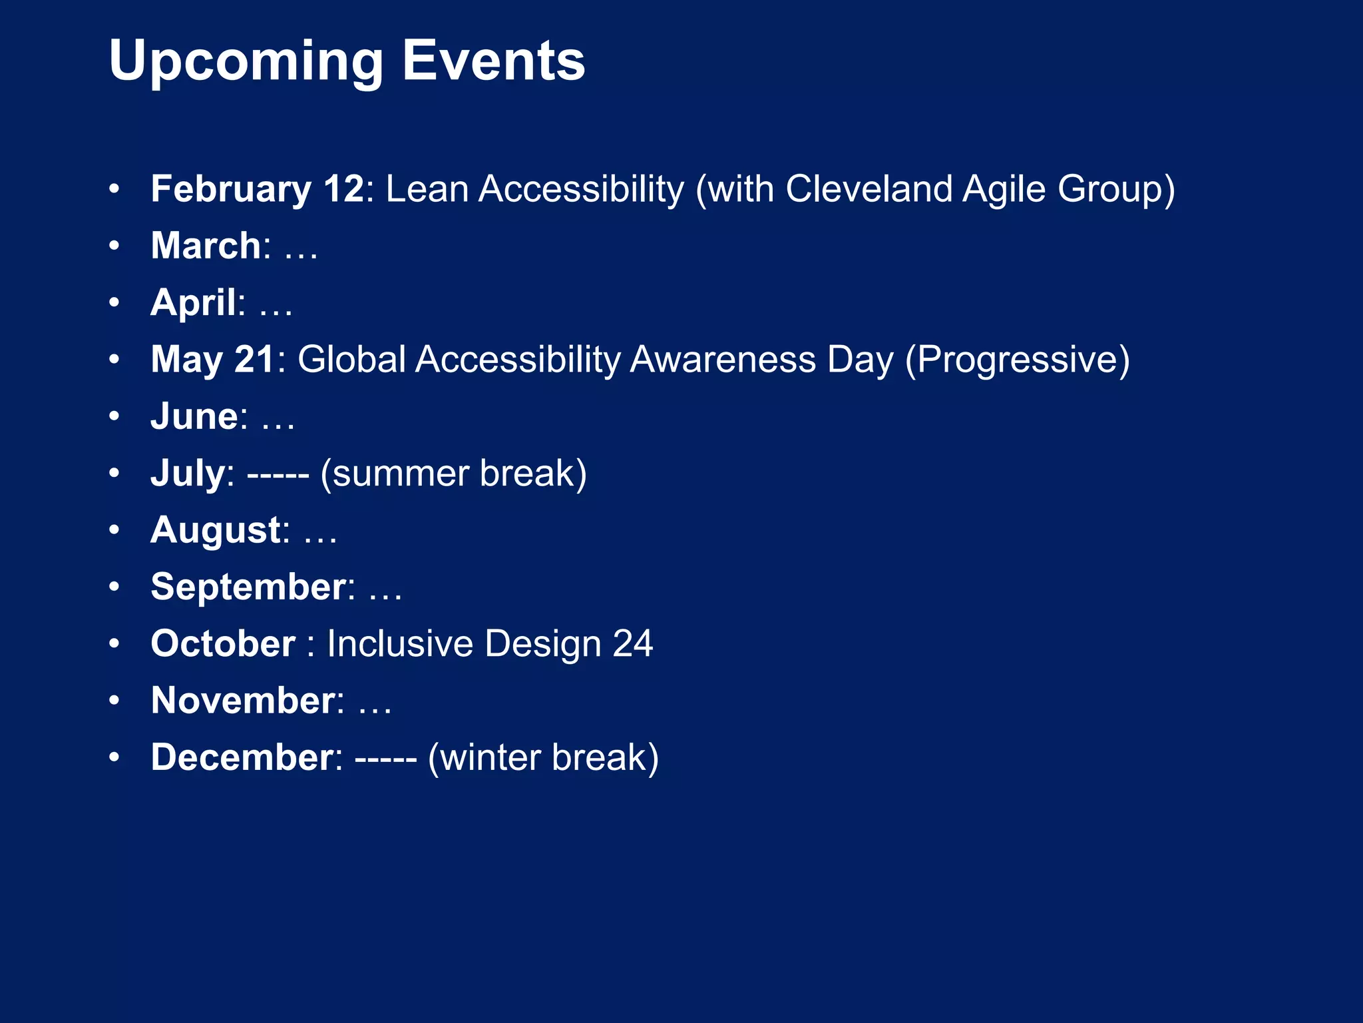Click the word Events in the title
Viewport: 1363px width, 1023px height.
click(x=493, y=61)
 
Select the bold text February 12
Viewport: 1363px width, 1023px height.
click(x=257, y=188)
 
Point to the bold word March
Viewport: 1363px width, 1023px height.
click(x=206, y=246)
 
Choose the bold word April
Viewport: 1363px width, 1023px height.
click(x=193, y=302)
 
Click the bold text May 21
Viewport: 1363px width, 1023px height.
click(x=212, y=360)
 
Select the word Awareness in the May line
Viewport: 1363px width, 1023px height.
click(x=722, y=360)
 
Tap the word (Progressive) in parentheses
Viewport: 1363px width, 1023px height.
click(x=1017, y=360)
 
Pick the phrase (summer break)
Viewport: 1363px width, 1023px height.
click(x=453, y=474)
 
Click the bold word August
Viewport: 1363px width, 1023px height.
click(x=216, y=530)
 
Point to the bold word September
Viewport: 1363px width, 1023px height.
click(x=248, y=587)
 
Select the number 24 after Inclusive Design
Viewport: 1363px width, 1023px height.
click(x=632, y=644)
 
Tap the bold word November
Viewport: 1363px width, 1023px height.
click(x=243, y=701)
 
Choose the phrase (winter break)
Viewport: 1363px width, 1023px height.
click(x=543, y=758)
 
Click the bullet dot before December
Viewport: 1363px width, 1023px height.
click(x=114, y=757)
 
